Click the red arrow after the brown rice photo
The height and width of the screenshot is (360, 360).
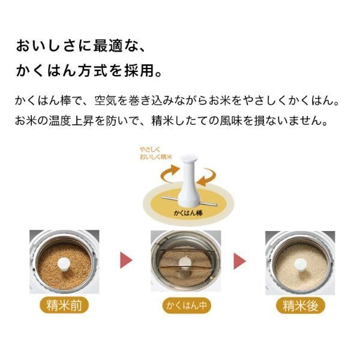127,260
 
